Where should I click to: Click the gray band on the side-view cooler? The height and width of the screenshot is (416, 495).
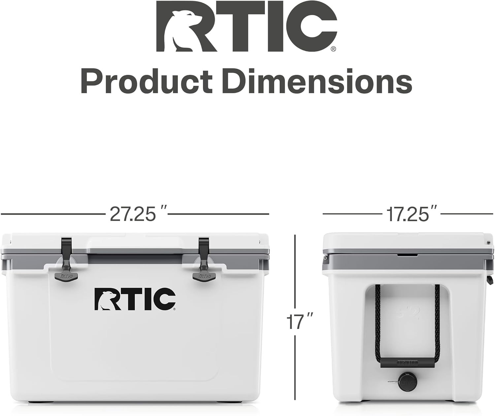406,260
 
